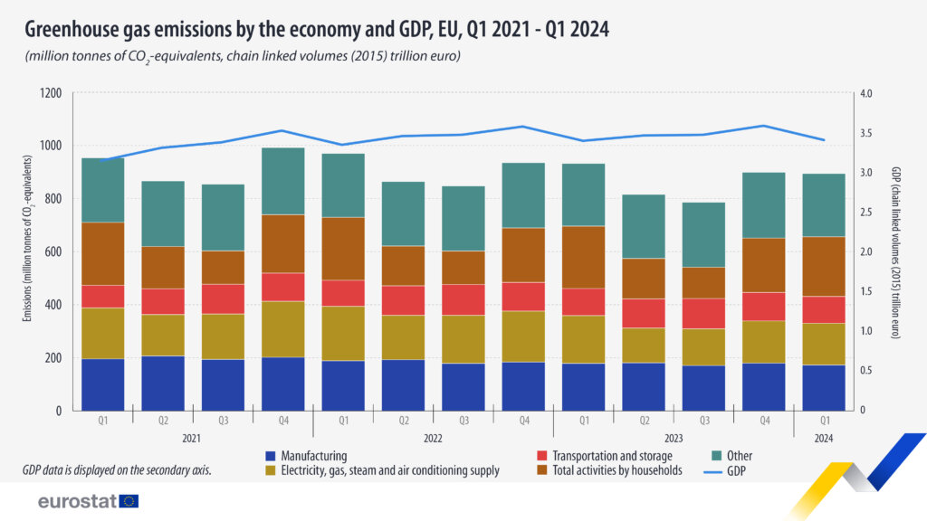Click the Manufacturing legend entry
point(312,456)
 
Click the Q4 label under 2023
point(762,421)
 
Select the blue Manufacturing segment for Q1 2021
point(102,384)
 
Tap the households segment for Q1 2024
point(823,266)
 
